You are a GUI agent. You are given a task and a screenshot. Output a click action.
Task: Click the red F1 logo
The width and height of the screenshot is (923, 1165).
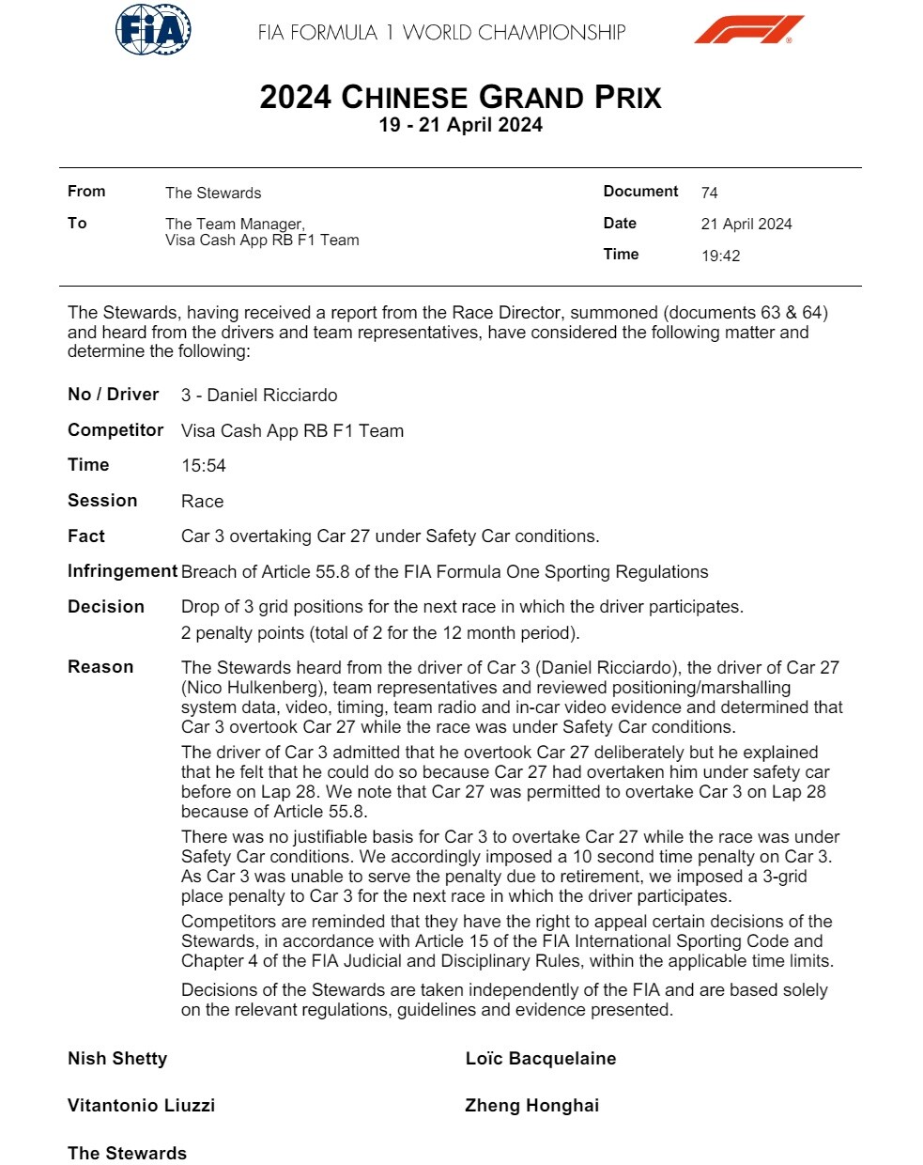point(748,30)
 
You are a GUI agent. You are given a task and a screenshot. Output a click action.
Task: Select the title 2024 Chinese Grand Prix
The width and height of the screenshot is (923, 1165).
point(460,98)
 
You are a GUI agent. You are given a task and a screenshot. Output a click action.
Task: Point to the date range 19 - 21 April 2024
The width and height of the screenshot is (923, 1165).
point(460,125)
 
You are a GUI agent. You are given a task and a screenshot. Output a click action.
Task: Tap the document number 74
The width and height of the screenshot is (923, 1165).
point(709,193)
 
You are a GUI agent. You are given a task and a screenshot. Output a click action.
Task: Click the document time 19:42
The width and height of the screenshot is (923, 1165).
point(720,256)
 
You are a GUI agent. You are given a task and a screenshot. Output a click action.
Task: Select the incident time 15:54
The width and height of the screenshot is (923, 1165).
point(203,466)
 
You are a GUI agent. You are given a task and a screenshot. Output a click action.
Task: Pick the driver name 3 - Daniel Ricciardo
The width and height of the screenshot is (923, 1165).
point(259,396)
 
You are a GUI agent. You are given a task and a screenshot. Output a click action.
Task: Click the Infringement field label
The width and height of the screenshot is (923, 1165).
point(122,571)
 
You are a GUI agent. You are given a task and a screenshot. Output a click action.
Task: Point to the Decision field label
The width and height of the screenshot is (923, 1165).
point(106,607)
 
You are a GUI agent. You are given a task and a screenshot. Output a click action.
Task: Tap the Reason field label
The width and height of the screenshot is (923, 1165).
point(100,667)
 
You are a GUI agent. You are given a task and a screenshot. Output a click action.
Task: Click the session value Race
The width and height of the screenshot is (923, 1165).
point(202,502)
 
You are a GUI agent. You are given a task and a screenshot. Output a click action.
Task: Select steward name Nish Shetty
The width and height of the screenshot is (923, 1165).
point(117,1059)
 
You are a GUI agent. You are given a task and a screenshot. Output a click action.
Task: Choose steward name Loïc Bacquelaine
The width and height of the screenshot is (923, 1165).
point(541,1059)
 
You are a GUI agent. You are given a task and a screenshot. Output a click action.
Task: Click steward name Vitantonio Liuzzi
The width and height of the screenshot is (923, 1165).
point(141,1106)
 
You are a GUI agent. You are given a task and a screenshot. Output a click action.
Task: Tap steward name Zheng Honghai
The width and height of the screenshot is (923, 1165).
point(531,1106)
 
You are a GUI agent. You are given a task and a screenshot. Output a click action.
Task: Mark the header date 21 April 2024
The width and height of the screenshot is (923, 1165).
point(746,224)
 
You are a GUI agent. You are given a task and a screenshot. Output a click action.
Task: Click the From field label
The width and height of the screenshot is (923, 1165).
point(86,192)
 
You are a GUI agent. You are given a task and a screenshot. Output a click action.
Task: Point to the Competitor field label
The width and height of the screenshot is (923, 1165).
point(115,430)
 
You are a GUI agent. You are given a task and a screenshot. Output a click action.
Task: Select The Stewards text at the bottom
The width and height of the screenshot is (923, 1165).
point(127,1154)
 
